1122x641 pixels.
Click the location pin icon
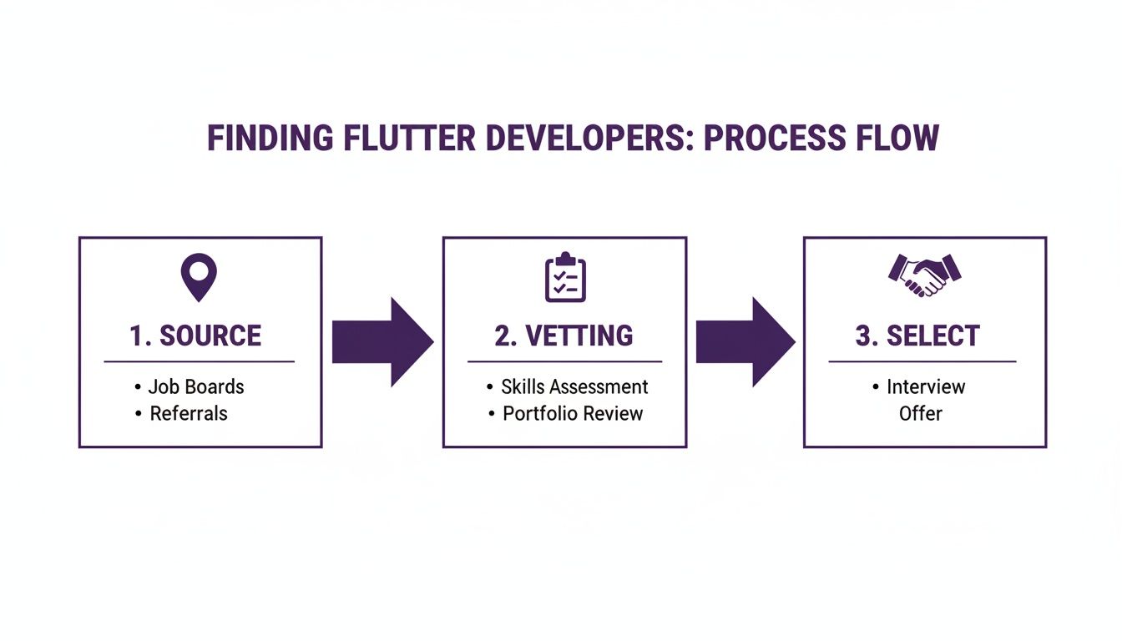coord(199,277)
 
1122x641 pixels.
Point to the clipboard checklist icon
coord(565,277)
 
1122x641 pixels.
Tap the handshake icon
coord(924,274)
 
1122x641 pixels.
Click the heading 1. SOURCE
coord(195,336)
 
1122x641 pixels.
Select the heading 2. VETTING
coord(564,336)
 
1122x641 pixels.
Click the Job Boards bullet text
coord(196,387)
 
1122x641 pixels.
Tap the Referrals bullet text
coord(189,413)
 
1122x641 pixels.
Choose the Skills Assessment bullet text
coord(574,387)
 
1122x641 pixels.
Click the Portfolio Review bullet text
coord(573,413)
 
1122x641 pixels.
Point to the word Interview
coord(926,387)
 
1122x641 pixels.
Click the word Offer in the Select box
coord(921,413)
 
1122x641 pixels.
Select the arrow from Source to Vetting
coord(382,342)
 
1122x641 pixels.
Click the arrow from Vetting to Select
coord(745,342)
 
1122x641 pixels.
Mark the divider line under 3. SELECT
coord(922,362)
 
